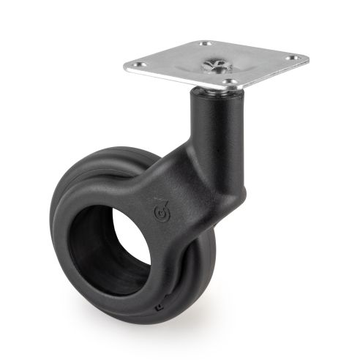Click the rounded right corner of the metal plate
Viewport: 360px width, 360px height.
tap(306, 58)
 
